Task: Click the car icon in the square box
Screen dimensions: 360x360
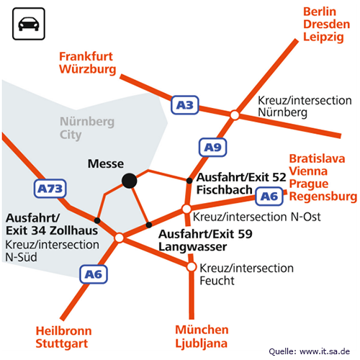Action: click(29, 24)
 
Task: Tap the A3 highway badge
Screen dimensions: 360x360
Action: click(185, 105)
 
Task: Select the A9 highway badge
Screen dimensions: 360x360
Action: click(212, 147)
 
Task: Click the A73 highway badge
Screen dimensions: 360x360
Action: click(50, 189)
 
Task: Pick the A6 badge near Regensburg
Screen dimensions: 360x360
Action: click(269, 197)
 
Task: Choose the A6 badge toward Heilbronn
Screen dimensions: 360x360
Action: click(94, 274)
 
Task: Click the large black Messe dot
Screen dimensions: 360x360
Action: click(130, 181)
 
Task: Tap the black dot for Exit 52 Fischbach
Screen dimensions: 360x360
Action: click(189, 181)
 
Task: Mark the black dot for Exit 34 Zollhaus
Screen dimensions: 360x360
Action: click(97, 220)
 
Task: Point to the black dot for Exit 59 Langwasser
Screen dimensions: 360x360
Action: click(149, 225)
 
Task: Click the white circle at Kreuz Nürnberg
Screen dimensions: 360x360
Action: click(235, 115)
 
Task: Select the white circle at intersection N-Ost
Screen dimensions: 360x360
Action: click(186, 209)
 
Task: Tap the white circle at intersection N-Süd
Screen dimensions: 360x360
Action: click(119, 238)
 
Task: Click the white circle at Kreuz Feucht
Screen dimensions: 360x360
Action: click(192, 266)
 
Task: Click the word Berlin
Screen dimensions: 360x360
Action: click(320, 12)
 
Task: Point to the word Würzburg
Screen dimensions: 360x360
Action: click(88, 69)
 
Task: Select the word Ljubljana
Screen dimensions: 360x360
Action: click(202, 343)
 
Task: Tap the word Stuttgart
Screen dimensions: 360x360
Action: click(62, 343)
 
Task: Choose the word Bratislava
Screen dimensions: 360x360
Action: click(317, 158)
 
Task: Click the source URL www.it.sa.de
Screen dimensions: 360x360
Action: click(325, 351)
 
